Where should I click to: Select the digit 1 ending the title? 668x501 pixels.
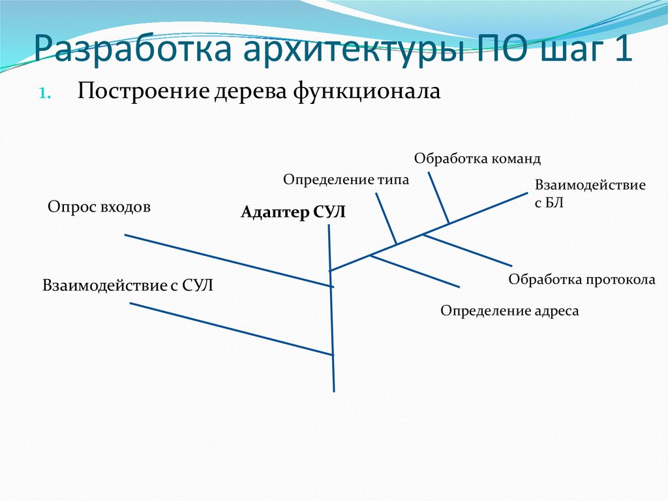tap(621, 51)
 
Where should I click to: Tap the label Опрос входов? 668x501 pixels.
tap(99, 208)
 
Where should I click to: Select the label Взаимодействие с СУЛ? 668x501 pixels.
tap(129, 285)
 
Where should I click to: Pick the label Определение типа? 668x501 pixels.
tap(346, 180)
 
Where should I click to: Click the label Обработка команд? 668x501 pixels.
tap(478, 159)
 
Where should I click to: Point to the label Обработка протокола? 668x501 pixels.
tap(582, 280)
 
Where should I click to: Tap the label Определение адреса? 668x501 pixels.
tap(509, 311)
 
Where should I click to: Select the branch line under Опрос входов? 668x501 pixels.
tap(228, 260)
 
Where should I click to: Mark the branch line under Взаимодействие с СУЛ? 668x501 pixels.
tap(232, 329)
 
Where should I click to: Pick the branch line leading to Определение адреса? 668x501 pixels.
tap(416, 271)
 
